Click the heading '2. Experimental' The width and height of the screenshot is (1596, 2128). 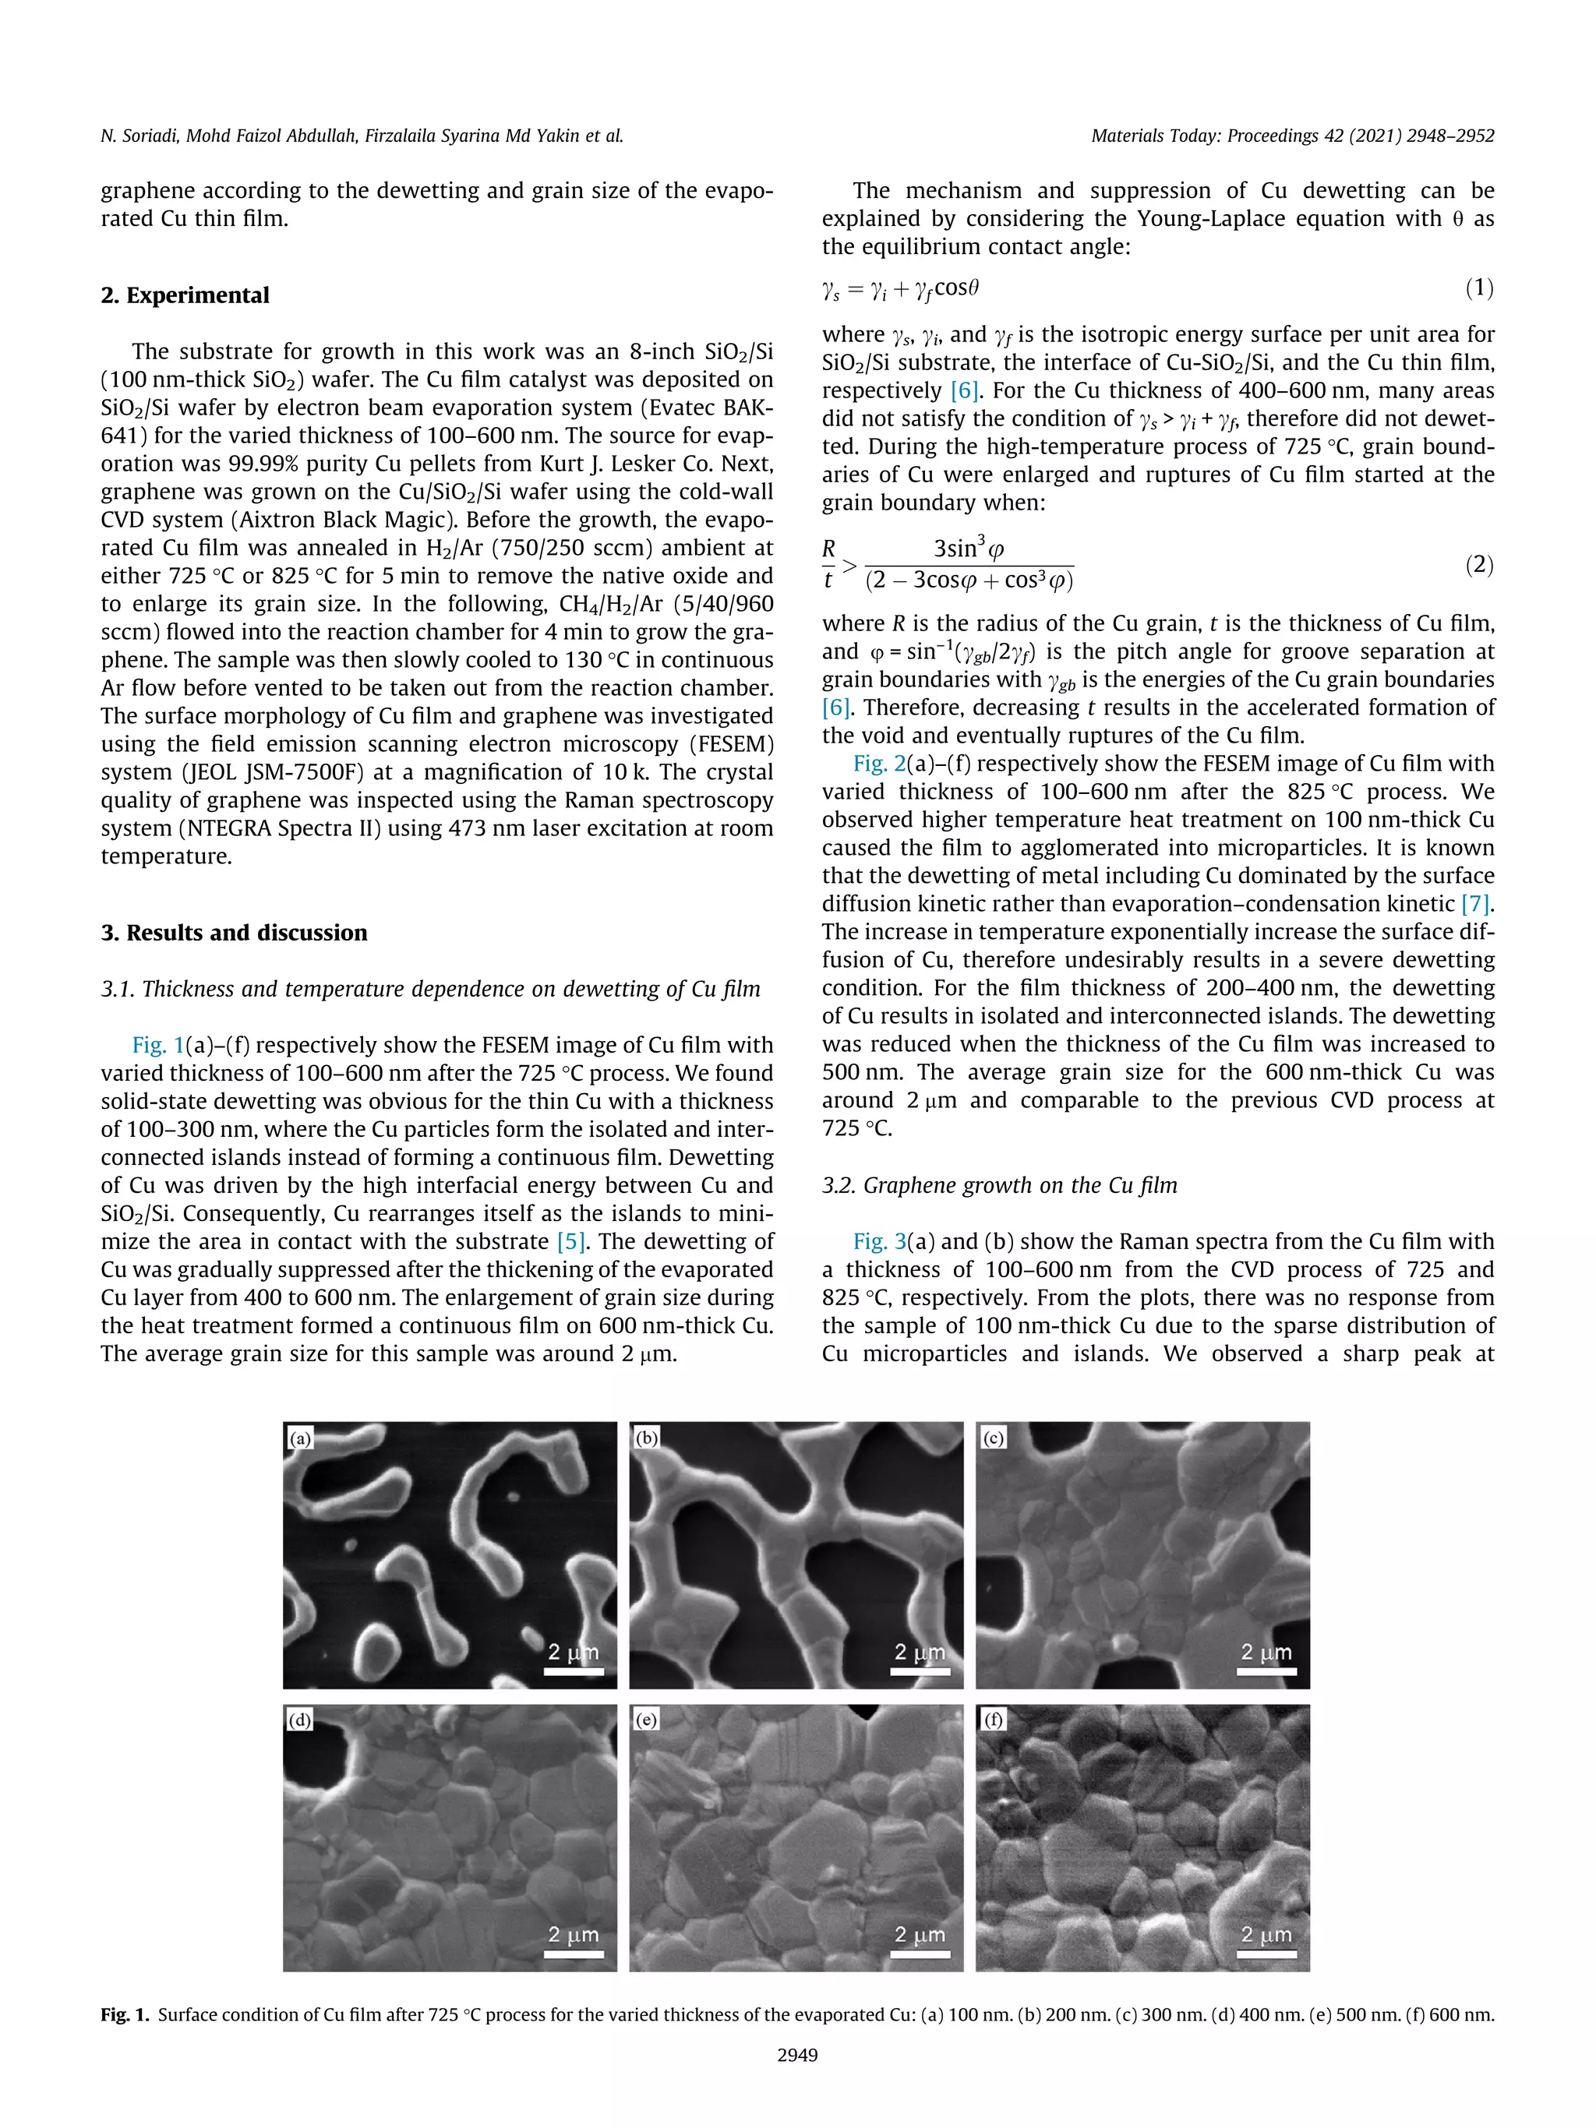coord(185,295)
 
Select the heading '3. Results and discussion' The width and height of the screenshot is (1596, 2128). coord(234,932)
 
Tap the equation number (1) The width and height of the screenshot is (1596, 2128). coord(1478,288)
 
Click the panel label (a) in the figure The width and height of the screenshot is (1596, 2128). coord(300,1438)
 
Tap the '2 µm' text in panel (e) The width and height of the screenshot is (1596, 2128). coord(920,1934)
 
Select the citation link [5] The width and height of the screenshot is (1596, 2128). coord(571,1241)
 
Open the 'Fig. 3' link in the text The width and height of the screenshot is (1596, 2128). coord(873,1241)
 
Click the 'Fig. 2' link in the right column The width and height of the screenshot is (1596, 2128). coord(873,764)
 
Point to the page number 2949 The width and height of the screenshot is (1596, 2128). coord(797,2055)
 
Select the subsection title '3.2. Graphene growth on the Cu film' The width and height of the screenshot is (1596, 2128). coord(1000,1185)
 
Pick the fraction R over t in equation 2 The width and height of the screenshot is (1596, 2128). coord(828,563)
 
